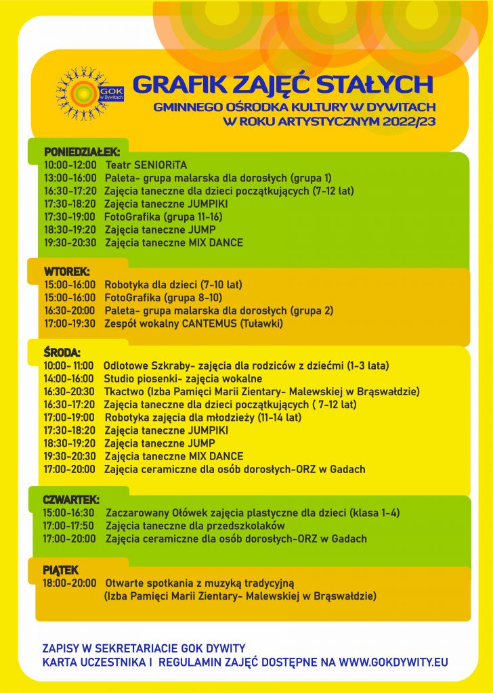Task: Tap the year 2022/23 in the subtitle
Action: coord(408,122)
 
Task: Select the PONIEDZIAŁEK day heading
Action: coord(81,152)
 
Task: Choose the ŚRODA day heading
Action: coord(62,353)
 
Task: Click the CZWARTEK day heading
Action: coord(70,499)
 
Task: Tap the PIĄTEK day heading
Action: coord(61,570)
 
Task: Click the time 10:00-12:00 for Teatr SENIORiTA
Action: coord(70,164)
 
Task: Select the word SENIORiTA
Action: coord(160,164)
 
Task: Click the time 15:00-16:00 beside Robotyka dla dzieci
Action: coord(70,284)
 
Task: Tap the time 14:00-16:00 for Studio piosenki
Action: coord(70,378)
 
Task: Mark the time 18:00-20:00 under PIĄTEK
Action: coord(69,583)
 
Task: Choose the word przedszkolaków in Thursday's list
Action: coord(243,526)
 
